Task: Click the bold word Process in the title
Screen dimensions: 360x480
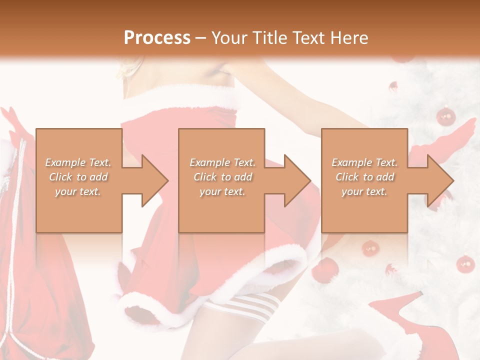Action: click(157, 37)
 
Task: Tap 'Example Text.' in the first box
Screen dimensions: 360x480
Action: click(78, 162)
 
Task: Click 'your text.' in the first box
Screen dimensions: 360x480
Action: click(78, 191)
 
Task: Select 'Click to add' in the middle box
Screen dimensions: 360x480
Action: click(222, 177)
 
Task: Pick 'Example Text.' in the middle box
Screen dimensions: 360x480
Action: click(222, 162)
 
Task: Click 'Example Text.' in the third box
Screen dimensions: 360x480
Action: click(365, 162)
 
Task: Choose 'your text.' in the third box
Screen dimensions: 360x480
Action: click(365, 191)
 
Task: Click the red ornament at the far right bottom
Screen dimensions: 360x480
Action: click(465, 263)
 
